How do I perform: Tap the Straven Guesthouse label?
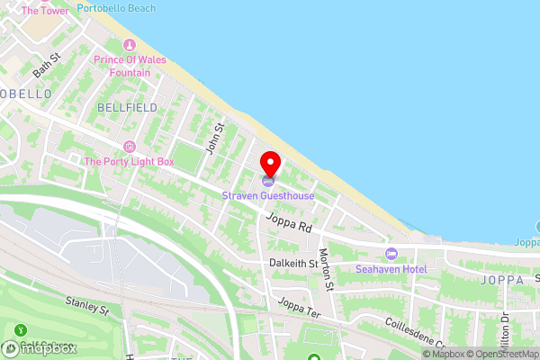[x=269, y=195]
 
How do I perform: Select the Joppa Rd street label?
[x=288, y=222]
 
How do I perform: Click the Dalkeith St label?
[x=293, y=264]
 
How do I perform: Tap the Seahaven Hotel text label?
[x=390, y=268]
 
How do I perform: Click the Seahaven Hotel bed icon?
[x=390, y=253]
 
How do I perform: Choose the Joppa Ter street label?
[x=300, y=309]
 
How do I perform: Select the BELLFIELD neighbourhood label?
[x=127, y=107]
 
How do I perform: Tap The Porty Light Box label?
[x=129, y=162]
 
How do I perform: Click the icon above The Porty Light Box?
[x=129, y=147]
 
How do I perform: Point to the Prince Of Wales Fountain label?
[x=127, y=66]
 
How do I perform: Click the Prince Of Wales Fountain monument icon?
[x=128, y=45]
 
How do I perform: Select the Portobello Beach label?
[x=116, y=8]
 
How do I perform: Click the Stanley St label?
[x=86, y=306]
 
